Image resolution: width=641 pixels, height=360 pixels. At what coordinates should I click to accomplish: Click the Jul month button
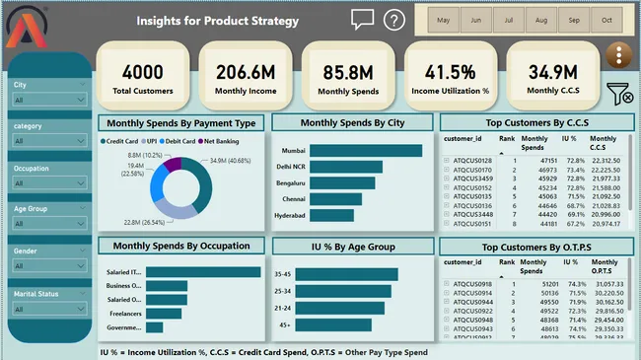tap(508, 21)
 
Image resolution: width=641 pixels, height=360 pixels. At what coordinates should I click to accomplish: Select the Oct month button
tap(605, 21)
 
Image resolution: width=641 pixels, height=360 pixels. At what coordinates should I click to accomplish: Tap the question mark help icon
tap(393, 20)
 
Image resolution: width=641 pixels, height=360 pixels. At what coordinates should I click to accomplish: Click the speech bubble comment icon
tap(362, 20)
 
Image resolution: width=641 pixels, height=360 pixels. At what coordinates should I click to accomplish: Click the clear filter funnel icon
tap(619, 94)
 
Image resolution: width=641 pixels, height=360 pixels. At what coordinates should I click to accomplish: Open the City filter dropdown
tap(49, 101)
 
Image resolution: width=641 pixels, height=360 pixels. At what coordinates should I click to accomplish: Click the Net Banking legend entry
tap(224, 142)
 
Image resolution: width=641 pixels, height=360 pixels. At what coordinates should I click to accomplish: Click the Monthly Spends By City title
tap(351, 123)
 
